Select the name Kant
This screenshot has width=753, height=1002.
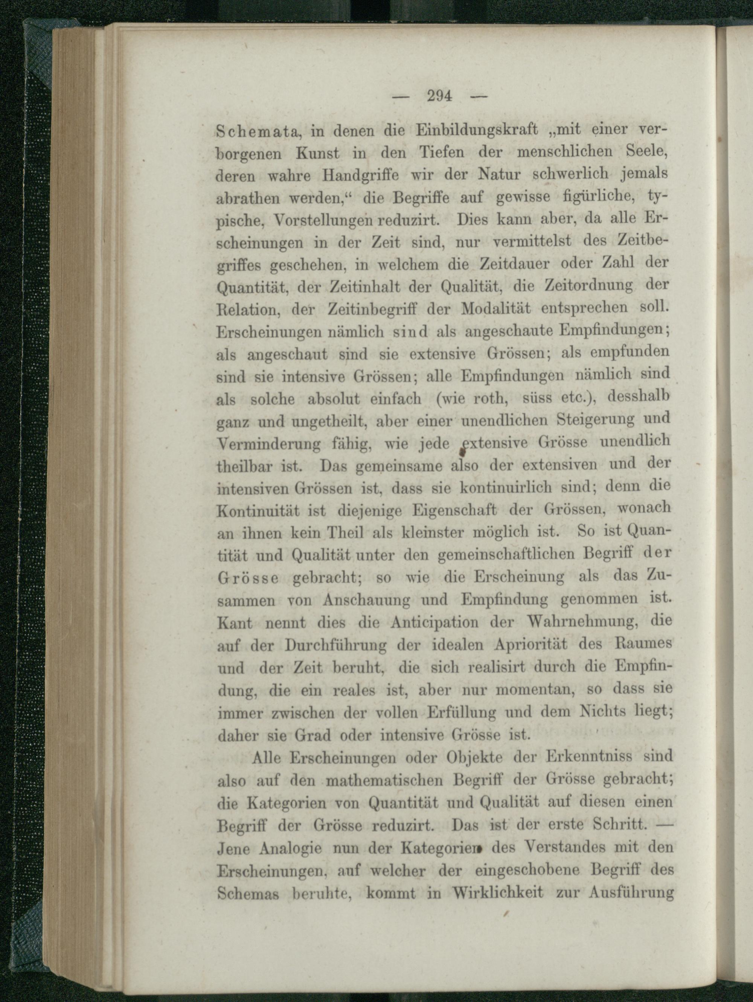(x=235, y=623)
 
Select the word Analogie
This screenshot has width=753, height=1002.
(x=299, y=847)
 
